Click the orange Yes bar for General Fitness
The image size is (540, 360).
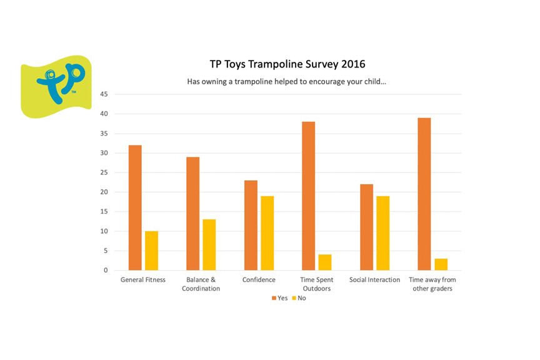[135, 207]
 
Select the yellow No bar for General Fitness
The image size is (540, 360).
[151, 251]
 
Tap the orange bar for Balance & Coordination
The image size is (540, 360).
[192, 214]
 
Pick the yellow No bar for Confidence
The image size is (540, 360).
[267, 233]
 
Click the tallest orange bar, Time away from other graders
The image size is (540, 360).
[424, 194]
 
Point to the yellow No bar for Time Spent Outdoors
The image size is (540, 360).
[325, 262]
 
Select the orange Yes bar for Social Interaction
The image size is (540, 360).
[367, 227]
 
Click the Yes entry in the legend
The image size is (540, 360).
[279, 298]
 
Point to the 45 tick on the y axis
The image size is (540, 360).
[104, 94]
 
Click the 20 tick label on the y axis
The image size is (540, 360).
[104, 192]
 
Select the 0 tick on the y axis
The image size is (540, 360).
[106, 270]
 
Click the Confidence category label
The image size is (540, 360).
[259, 280]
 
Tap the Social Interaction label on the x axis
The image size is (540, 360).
[374, 280]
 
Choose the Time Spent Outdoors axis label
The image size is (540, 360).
[316, 284]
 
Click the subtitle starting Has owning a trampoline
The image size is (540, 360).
[286, 81]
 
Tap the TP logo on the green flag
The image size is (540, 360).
[59, 83]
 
